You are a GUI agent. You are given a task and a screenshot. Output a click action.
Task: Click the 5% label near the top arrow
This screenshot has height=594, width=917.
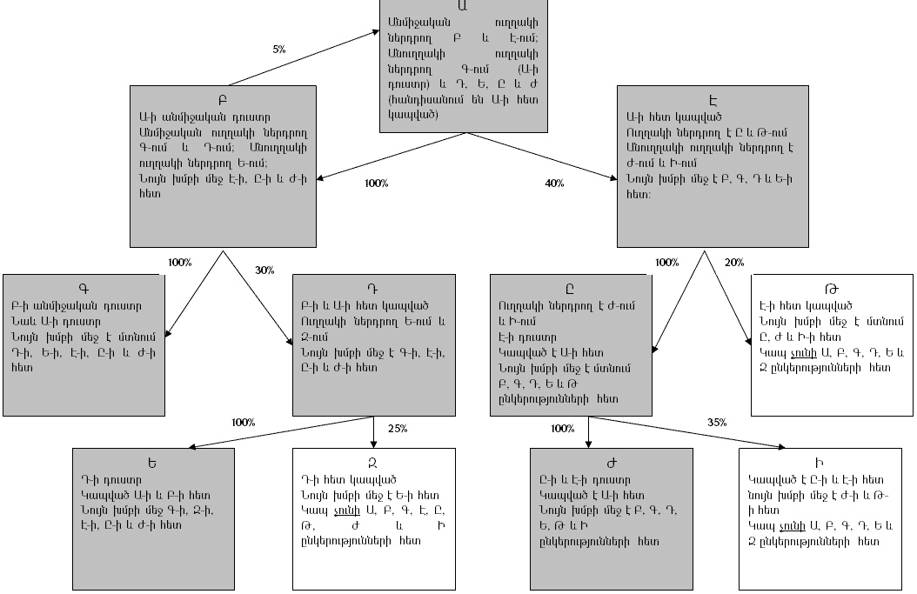click(x=278, y=50)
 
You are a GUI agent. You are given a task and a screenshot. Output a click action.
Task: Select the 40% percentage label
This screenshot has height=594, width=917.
click(x=554, y=184)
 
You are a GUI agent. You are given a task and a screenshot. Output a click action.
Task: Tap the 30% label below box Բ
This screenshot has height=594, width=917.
click(x=264, y=270)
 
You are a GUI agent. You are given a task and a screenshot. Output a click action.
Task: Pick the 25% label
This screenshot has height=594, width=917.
click(x=397, y=428)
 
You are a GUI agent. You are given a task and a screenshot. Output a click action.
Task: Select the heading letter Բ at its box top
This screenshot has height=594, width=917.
click(x=222, y=98)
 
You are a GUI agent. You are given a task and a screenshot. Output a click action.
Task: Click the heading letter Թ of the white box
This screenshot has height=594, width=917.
click(x=832, y=289)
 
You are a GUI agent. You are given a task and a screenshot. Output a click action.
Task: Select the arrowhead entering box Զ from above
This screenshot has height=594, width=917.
click(x=373, y=443)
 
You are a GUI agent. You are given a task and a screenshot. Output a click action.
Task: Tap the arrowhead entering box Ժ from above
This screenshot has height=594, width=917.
click(x=589, y=443)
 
